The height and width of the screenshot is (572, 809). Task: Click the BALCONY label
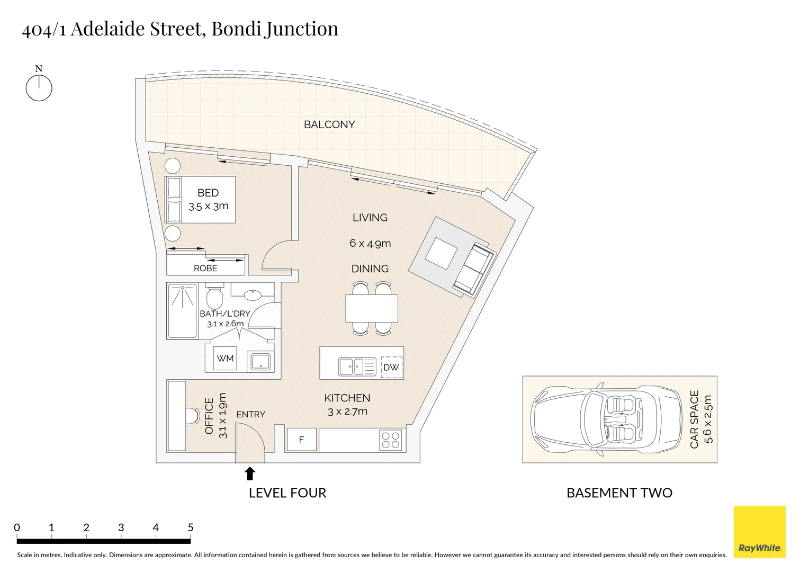[329, 124]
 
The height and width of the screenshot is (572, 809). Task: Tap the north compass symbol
[39, 87]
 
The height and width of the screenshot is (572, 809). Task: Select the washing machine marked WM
[225, 359]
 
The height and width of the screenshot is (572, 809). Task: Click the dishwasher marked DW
[391, 367]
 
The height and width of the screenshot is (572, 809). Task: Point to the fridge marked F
[301, 440]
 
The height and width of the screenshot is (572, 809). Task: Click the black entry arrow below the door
[250, 473]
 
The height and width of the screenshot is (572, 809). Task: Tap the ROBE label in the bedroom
[205, 268]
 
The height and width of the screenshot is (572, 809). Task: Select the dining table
[372, 308]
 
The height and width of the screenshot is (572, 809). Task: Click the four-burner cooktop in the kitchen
[391, 440]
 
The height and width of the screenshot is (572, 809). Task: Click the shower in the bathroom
[182, 311]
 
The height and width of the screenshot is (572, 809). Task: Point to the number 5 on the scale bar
[190, 528]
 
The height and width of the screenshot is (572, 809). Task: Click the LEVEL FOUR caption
[287, 493]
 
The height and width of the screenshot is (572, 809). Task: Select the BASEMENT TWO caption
[619, 493]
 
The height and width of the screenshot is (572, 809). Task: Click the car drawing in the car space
[607, 419]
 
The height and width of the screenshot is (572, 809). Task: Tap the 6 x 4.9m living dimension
[370, 244]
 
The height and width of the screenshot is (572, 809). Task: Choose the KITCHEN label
[347, 398]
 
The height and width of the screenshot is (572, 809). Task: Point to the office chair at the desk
[191, 416]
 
